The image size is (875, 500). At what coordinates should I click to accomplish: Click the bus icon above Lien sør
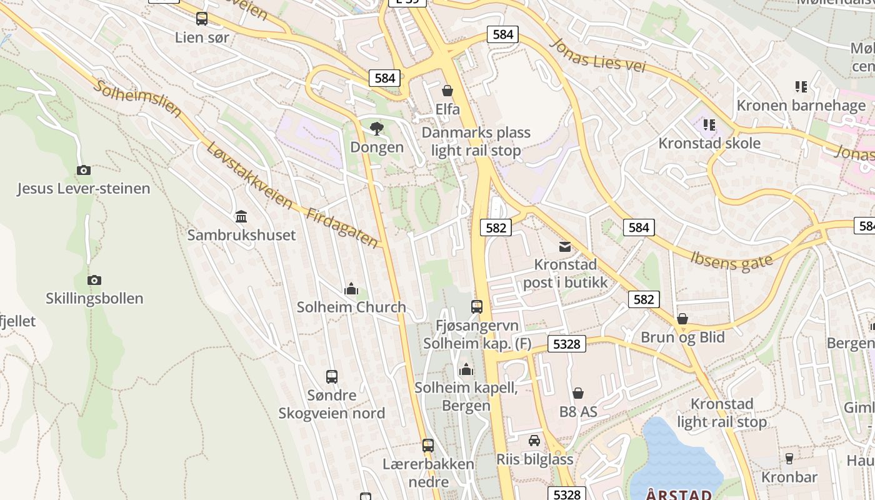coord(201,19)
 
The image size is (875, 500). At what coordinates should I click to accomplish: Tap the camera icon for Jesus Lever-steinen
coord(83,170)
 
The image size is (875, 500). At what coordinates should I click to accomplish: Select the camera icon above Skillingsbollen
coord(94,280)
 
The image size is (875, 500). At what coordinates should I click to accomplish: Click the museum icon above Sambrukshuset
coord(241,217)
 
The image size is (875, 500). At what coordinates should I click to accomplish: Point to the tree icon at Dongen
coord(376,129)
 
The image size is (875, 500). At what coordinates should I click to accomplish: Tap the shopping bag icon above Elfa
coord(447,91)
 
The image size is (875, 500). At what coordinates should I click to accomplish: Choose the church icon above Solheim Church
coord(351,289)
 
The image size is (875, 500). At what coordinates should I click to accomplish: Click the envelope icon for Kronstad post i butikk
coord(565,246)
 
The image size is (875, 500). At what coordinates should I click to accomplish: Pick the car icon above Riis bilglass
coord(534,441)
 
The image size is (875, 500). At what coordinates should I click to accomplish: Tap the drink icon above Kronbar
coord(789,459)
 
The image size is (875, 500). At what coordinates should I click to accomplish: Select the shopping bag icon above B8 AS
coord(578,393)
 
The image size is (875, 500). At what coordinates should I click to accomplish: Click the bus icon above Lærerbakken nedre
coord(428,446)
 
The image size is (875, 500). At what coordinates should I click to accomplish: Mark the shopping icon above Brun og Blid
coord(682,319)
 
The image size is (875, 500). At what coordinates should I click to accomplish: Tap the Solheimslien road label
coord(137,99)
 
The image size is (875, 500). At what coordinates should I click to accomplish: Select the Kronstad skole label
coord(709,143)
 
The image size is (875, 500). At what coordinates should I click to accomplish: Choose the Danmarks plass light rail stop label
coord(476,142)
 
